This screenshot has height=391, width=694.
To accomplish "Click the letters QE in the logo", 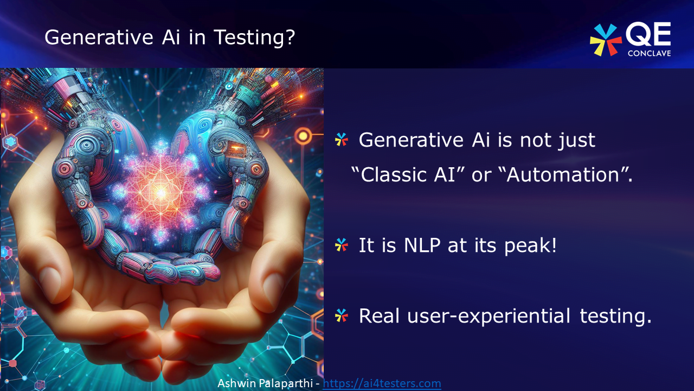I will tap(648, 36).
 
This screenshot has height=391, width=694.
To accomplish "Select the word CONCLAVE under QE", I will tap(648, 53).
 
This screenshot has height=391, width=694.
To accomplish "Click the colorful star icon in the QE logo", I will tap(605, 40).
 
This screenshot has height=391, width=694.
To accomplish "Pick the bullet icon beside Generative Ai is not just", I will tap(341, 140).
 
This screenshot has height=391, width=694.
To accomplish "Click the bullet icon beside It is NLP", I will tap(341, 245).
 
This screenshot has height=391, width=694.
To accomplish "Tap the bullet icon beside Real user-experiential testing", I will tap(341, 316).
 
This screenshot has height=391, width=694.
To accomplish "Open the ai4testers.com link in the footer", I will tap(382, 383).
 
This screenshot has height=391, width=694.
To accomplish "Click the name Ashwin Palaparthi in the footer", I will tap(266, 383).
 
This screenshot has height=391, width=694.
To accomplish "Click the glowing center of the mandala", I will tap(160, 191).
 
